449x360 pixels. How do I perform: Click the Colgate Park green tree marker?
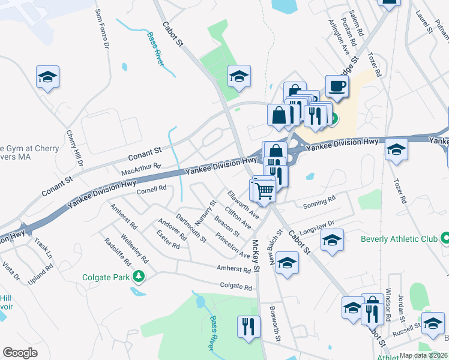tap(139, 276)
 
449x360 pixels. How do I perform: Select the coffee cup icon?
tap(337, 86)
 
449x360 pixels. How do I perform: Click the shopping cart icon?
tap(265, 191)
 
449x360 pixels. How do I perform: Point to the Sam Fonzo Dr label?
tap(101, 29)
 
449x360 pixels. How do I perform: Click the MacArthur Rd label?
tap(141, 169)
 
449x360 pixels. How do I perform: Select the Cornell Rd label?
tap(151, 189)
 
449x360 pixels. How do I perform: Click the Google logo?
tap(20, 353)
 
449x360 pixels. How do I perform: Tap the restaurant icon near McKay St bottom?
tap(249, 327)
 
